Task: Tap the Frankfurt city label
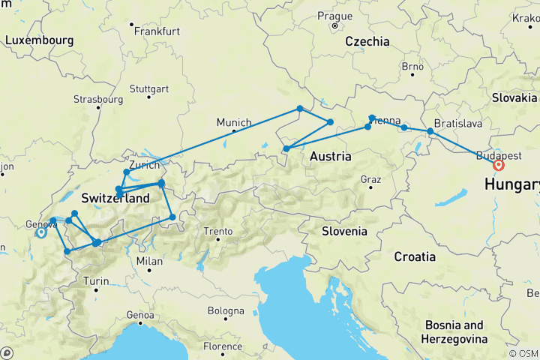157,31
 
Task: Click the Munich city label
233,122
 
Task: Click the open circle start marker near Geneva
41,232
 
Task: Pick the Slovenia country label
344,231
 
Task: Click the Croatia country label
415,256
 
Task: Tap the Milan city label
150,261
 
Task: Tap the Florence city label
222,346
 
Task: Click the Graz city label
371,179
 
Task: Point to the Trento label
220,231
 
